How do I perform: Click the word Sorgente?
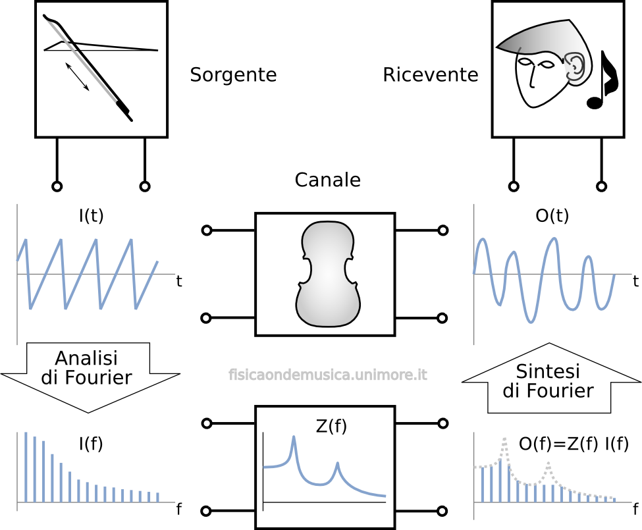(233, 75)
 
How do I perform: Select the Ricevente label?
(430, 75)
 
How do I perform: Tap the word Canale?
(327, 180)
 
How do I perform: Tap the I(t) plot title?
(91, 216)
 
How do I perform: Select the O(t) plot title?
(552, 216)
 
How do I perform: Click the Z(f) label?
(331, 427)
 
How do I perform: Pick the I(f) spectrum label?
(91, 444)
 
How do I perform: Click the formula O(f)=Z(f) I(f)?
(574, 444)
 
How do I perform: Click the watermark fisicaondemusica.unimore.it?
(328, 375)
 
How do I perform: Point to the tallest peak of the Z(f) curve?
(294, 438)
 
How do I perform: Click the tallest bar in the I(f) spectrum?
(26, 467)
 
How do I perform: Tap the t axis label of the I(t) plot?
(179, 282)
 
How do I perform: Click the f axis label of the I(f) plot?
(178, 509)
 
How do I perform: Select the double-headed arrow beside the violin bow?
(78, 76)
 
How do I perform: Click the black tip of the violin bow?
(124, 110)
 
